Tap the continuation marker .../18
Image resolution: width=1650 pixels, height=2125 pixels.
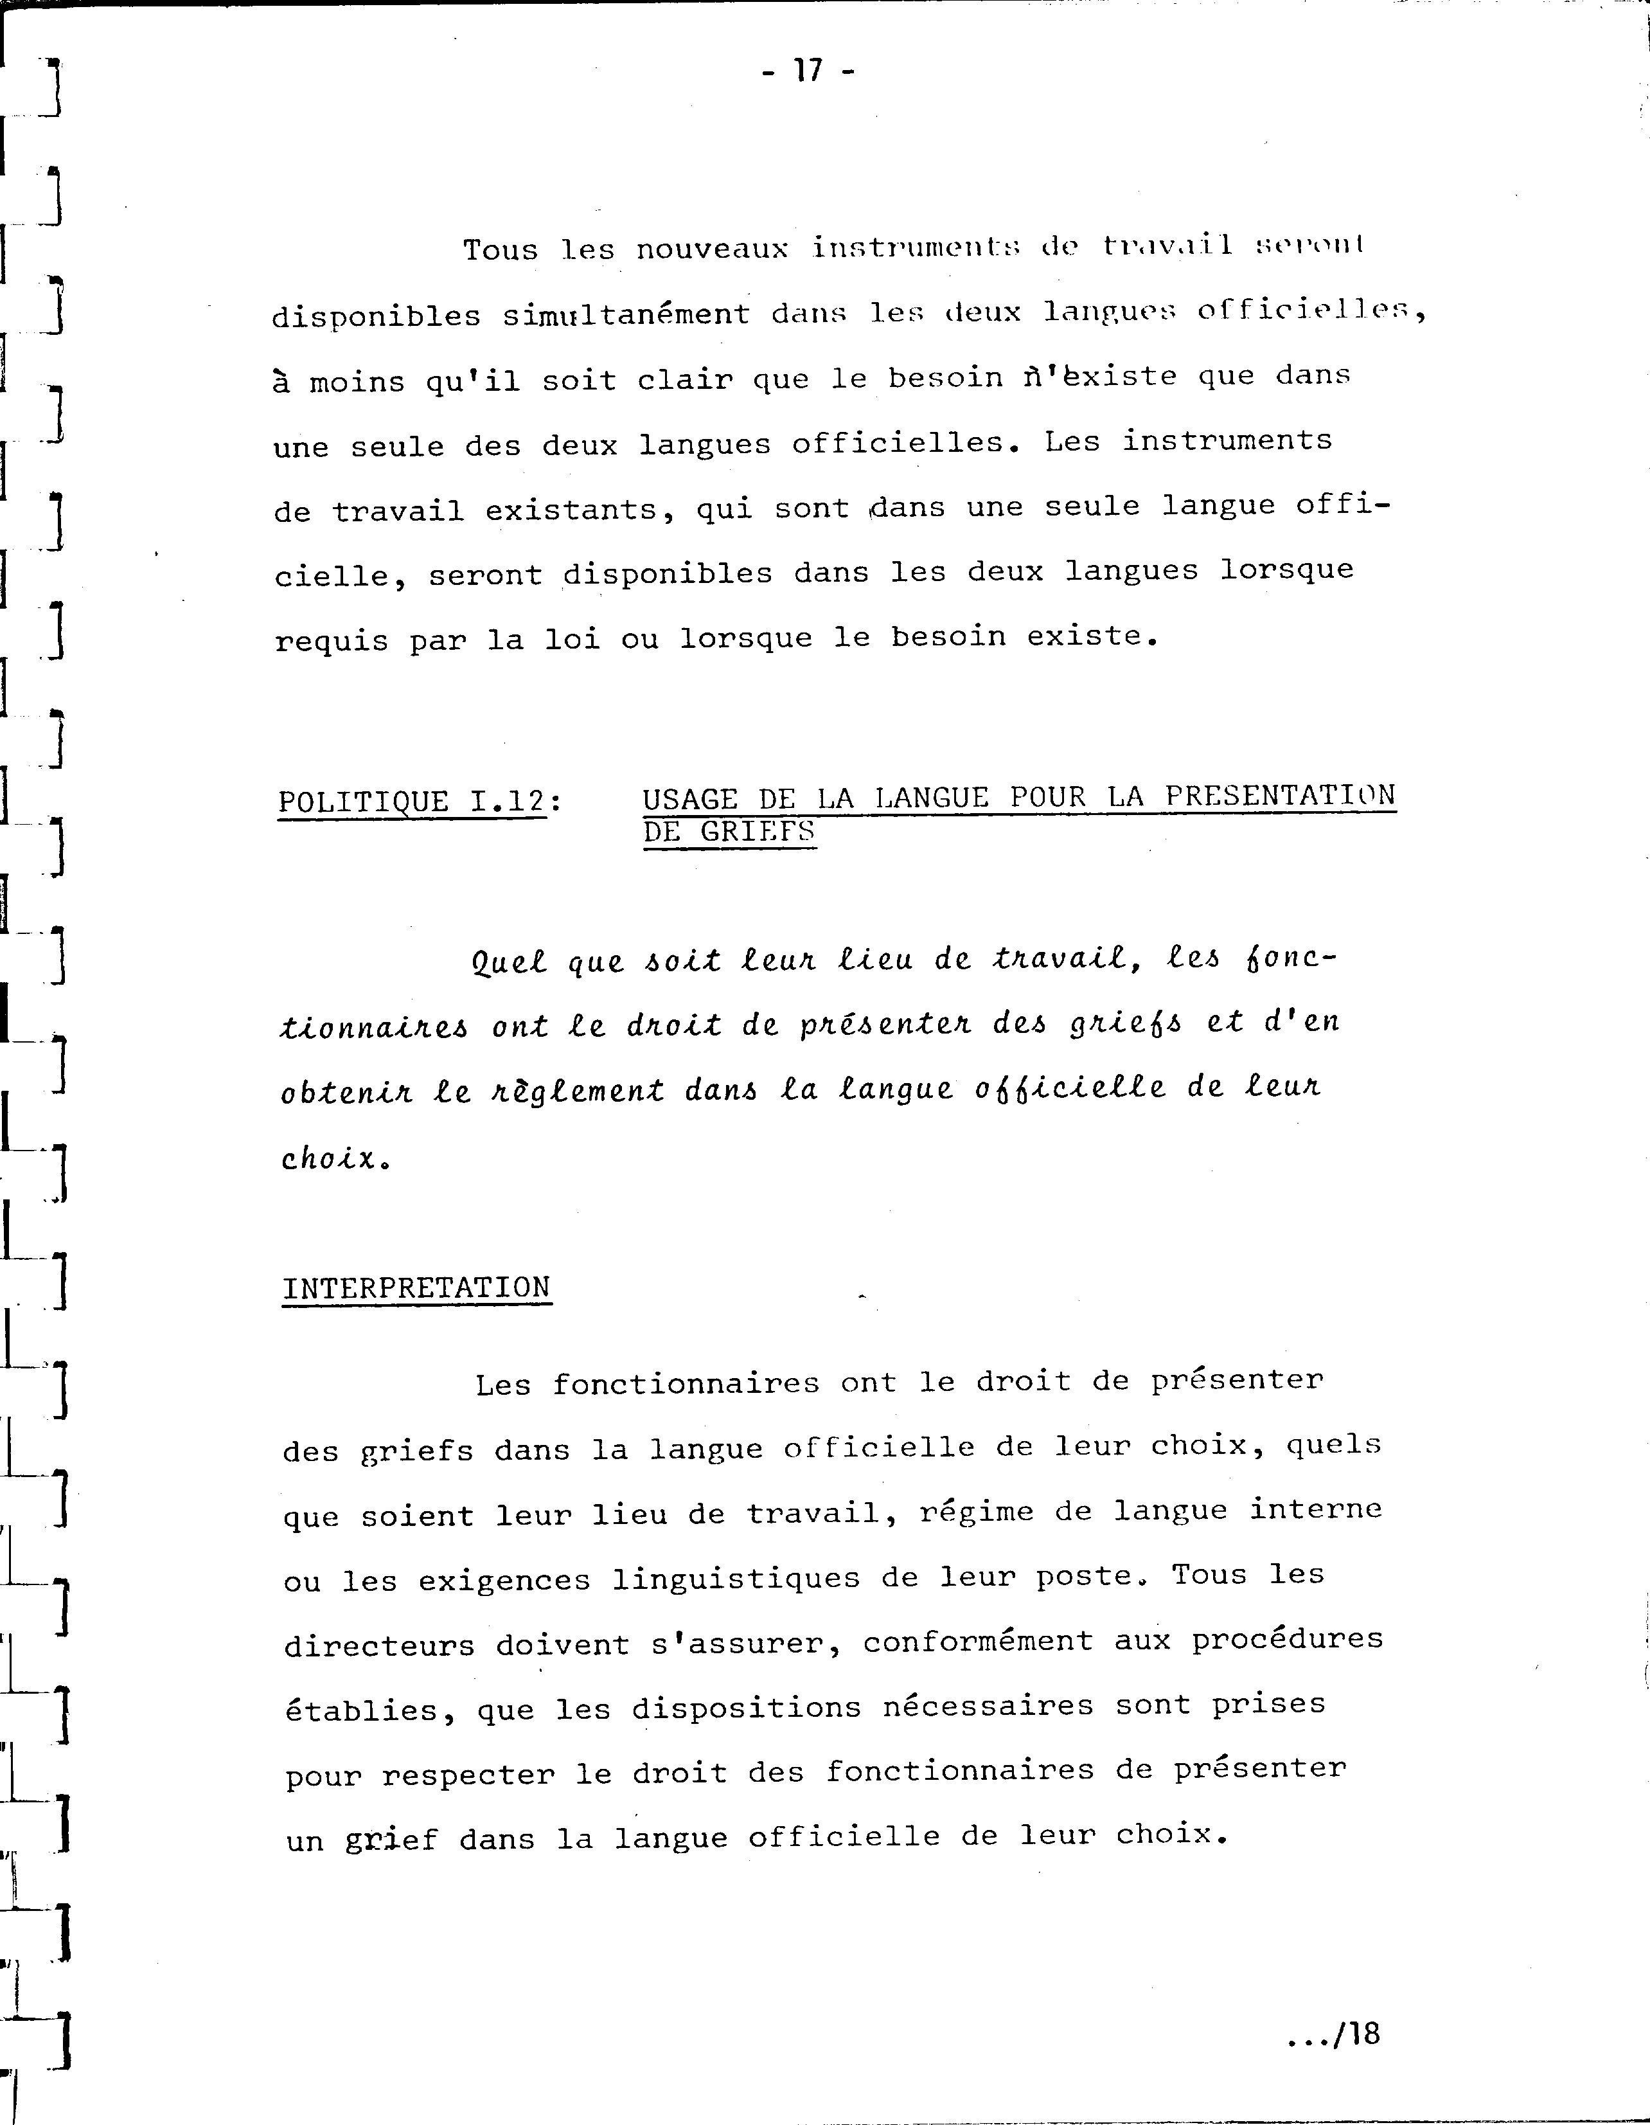point(1332,2034)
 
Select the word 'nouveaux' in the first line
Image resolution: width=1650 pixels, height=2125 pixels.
point(711,250)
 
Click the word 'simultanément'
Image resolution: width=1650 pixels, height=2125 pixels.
point(626,315)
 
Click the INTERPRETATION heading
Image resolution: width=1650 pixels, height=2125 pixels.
point(416,1288)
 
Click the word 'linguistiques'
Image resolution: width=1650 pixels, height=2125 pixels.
point(736,1578)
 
